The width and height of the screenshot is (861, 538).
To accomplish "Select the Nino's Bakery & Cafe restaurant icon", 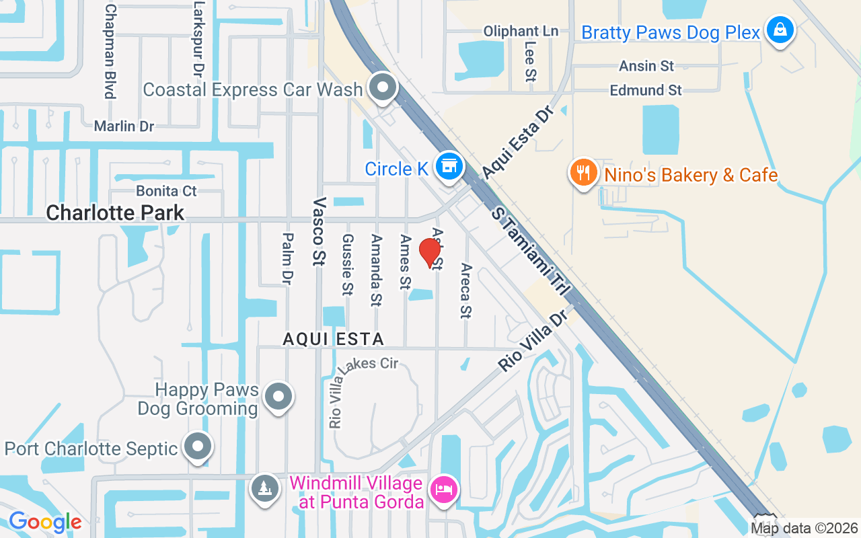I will pyautogui.click(x=583, y=173).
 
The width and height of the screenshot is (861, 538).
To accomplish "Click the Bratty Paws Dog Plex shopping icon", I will pyautogui.click(x=780, y=30).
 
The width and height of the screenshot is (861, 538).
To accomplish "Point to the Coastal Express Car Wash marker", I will pyautogui.click(x=383, y=87).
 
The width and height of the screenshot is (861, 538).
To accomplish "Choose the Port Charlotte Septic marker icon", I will pyautogui.click(x=198, y=447).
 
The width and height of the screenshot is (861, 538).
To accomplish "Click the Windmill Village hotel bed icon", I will pyautogui.click(x=443, y=488).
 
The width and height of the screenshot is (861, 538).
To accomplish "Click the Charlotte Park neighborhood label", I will pyautogui.click(x=115, y=213).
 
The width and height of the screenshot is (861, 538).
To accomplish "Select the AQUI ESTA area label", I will pyautogui.click(x=333, y=339).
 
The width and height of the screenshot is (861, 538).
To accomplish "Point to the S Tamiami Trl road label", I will pyautogui.click(x=531, y=251).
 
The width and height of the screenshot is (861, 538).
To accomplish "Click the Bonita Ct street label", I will pyautogui.click(x=166, y=191).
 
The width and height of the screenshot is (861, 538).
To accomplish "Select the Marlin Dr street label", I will pyautogui.click(x=124, y=126).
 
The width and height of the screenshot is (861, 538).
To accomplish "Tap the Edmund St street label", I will pyautogui.click(x=646, y=89).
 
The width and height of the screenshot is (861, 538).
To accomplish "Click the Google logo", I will pyautogui.click(x=45, y=522).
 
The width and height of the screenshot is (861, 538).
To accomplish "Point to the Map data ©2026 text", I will pyautogui.click(x=804, y=528).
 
